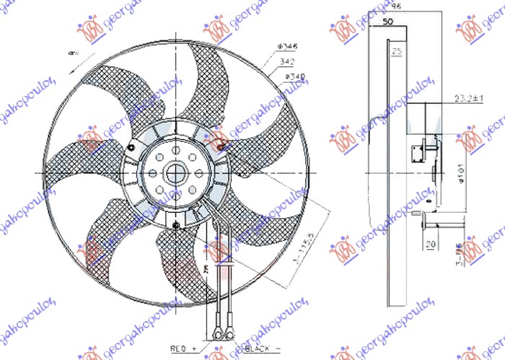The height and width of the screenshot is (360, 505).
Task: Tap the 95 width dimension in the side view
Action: tap(396, 7)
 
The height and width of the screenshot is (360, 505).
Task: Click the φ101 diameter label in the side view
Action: tap(461, 172)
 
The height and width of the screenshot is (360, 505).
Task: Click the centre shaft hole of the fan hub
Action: tap(177, 173)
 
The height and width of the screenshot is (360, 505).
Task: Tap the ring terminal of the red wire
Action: tap(217, 333)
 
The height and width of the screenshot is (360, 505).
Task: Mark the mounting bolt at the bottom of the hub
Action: tap(177, 227)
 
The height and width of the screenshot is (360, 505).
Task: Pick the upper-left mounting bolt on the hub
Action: tap(134, 148)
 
